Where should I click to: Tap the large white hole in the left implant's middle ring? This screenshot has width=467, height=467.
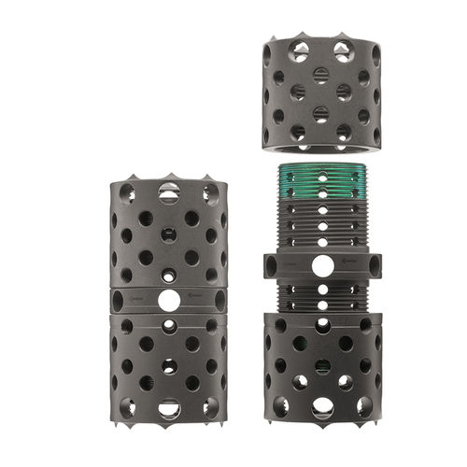point(169,300)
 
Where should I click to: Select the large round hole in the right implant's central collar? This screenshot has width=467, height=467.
point(321,266)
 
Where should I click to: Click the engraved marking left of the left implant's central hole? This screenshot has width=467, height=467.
point(135,300)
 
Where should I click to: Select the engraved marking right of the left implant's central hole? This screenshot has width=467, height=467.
point(202,300)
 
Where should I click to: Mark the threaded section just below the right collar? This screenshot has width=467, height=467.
point(321,297)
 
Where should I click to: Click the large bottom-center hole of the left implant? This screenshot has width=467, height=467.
point(169,407)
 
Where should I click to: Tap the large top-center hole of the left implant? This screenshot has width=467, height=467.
point(169,193)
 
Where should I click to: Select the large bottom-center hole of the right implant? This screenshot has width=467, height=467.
point(322,407)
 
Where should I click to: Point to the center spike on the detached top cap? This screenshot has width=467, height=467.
point(321,35)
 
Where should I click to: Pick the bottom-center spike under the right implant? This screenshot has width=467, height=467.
point(322,422)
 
